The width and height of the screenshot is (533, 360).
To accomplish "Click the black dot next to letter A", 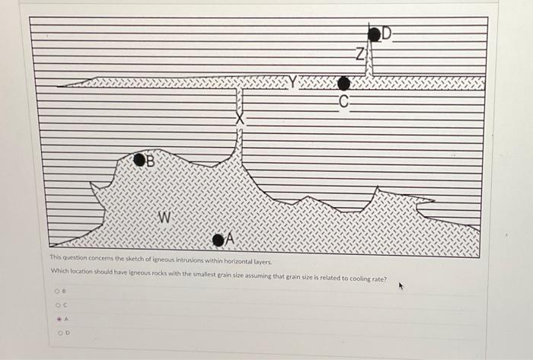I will [219, 241].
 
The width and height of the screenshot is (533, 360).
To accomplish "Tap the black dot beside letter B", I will [140, 160].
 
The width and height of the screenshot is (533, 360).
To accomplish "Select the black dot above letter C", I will [344, 83].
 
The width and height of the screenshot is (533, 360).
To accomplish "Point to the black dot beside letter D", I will [374, 33].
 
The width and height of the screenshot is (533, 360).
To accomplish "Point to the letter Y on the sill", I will [294, 79].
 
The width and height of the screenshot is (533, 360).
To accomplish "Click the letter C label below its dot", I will [344, 101].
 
